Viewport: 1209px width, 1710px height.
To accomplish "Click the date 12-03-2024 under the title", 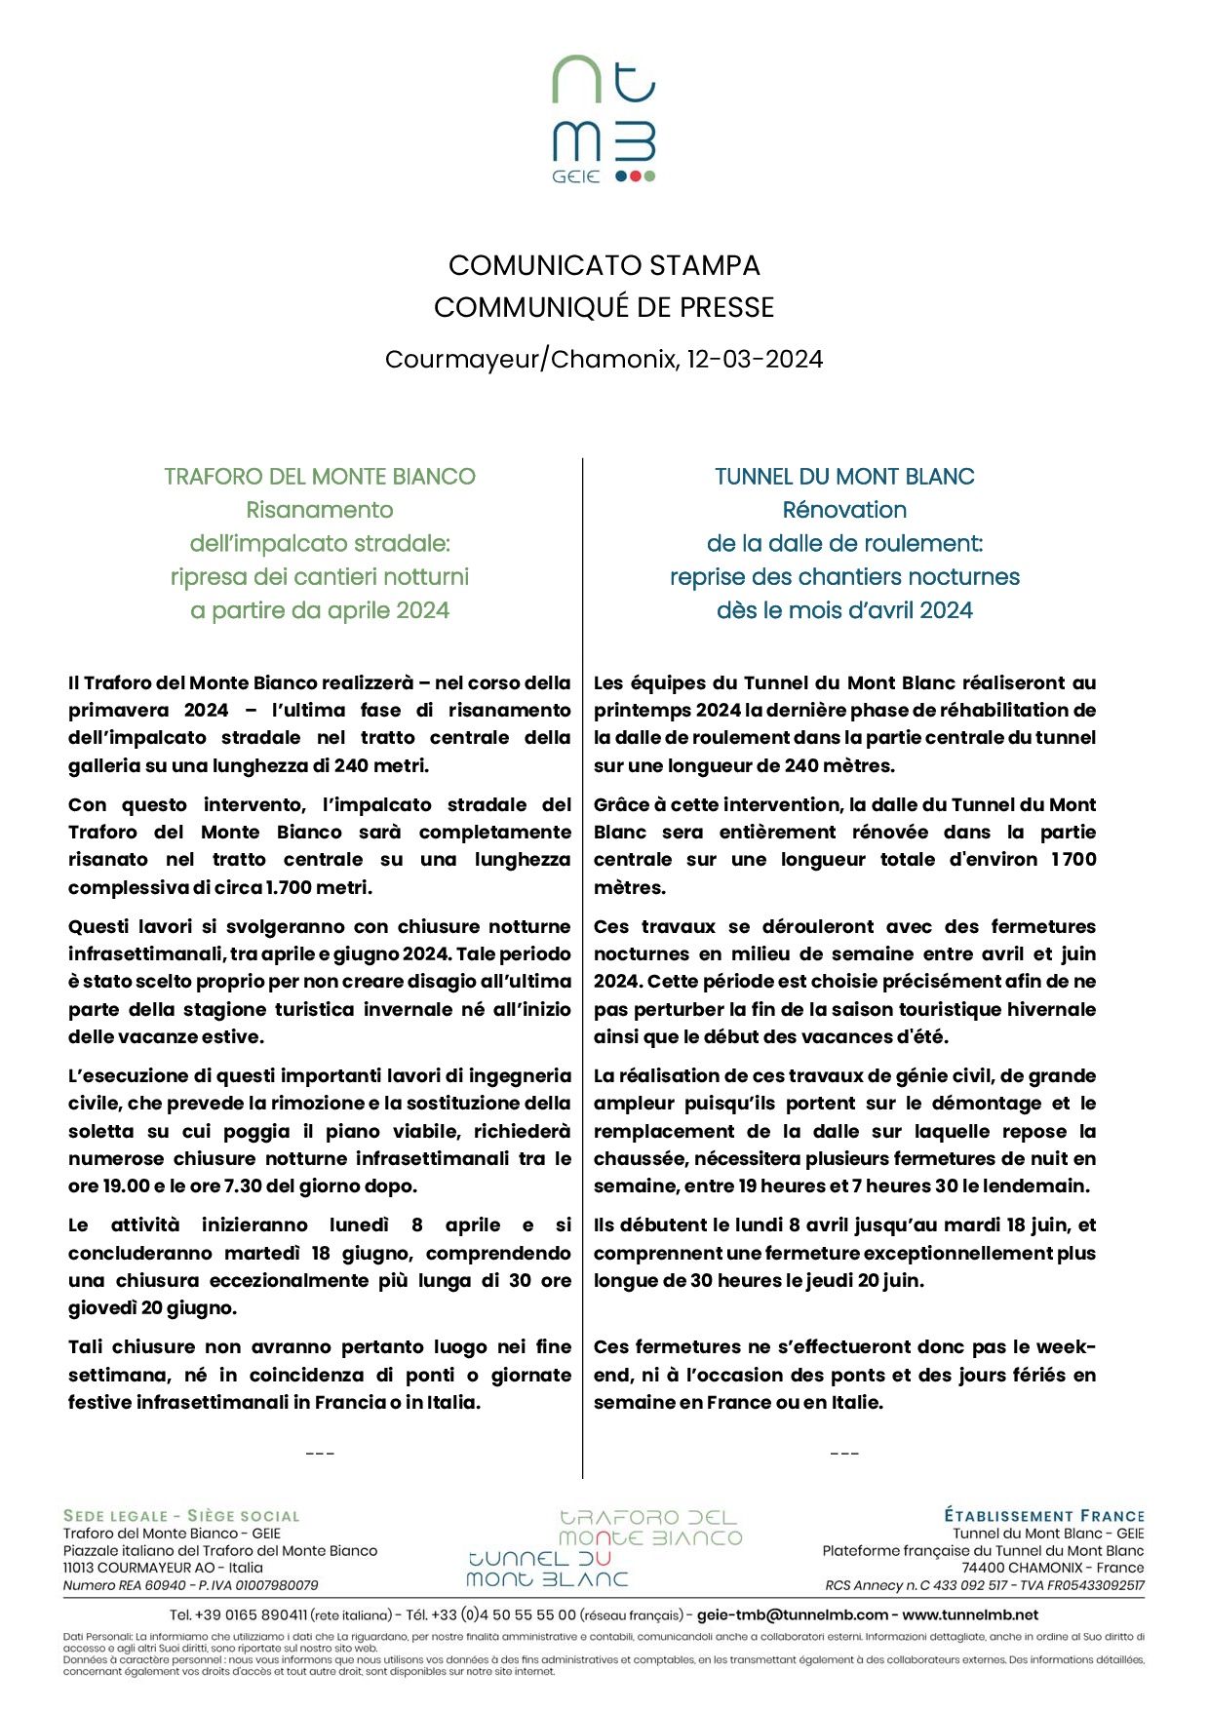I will tap(755, 360).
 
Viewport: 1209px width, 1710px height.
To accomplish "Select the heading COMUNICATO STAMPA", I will tap(604, 265).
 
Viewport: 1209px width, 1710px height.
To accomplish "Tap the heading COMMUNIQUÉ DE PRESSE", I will tap(604, 307).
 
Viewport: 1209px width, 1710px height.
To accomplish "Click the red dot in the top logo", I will tap(636, 176).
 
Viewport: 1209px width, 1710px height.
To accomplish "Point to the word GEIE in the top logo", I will tap(575, 177).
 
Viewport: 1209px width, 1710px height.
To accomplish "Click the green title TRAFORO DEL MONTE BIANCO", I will tap(320, 477).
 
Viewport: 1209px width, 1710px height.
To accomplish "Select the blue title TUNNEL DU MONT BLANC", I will tap(844, 477).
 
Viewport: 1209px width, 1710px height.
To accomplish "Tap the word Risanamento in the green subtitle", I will tap(320, 510).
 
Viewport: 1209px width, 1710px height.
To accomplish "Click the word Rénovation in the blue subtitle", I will tap(844, 510).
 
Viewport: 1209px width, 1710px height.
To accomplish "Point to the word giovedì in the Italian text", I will tap(101, 1308).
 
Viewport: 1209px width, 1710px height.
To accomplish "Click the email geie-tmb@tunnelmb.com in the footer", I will tap(793, 1614).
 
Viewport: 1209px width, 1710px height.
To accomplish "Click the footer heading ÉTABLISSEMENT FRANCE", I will tap(1043, 1516).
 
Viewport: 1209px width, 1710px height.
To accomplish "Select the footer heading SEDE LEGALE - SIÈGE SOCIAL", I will tap(181, 1516).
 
